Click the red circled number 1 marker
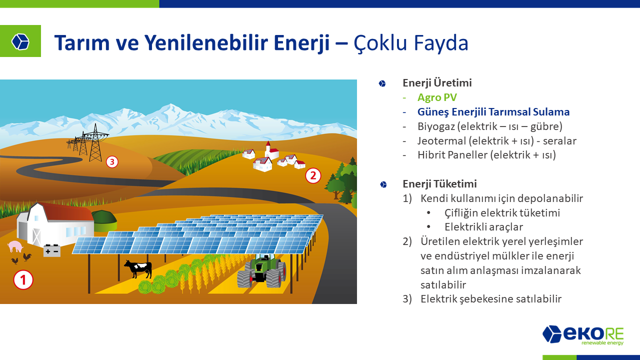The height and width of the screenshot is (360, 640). [23, 279]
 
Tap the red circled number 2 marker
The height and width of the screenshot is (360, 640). [313, 175]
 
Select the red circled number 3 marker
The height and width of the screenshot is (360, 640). [112, 162]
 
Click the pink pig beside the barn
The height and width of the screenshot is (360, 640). [15, 246]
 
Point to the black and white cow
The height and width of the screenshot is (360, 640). [138, 268]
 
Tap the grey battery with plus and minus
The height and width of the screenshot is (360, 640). [51, 250]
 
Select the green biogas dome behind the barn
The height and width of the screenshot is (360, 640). [104, 220]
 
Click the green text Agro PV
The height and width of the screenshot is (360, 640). [437, 97]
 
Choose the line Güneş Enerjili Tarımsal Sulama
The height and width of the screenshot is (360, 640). [493, 111]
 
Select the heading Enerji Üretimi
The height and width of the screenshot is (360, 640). [437, 83]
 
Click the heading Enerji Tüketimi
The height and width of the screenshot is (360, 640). [439, 183]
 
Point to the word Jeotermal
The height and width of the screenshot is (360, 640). [441, 140]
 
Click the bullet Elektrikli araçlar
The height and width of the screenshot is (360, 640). [483, 227]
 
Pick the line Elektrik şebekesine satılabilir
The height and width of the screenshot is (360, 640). [491, 299]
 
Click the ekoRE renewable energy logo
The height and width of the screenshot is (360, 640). [583, 335]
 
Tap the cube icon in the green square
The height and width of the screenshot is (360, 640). [20, 41]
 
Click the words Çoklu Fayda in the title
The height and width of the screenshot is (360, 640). [411, 43]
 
